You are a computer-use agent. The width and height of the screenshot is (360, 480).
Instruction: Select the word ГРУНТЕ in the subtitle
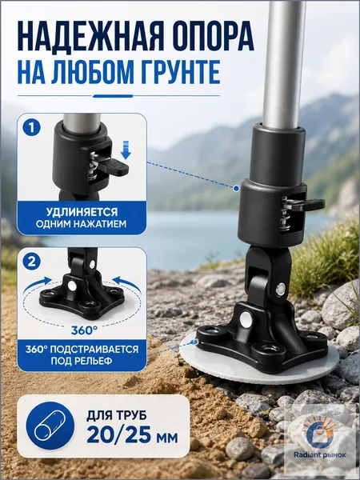click(174, 72)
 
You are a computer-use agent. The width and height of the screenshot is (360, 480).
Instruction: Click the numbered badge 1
click(31, 127)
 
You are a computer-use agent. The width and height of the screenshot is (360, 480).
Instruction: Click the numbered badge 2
click(31, 262)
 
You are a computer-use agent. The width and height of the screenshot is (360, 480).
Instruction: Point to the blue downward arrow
click(126, 150)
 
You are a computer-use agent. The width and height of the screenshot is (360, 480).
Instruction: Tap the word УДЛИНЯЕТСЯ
click(82, 212)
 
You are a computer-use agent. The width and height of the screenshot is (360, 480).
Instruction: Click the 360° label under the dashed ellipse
click(84, 330)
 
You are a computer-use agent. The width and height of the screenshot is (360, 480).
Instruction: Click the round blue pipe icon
click(50, 426)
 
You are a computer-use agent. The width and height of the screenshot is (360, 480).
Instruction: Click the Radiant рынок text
click(320, 455)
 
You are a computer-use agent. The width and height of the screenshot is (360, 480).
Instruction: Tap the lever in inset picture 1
click(114, 166)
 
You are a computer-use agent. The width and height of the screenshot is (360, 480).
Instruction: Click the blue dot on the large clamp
click(236, 189)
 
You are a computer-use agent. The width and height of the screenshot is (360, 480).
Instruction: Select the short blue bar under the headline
click(113, 96)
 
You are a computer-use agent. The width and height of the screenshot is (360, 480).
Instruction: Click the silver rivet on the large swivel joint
click(280, 290)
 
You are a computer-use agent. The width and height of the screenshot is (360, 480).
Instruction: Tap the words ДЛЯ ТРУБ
click(117, 415)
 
